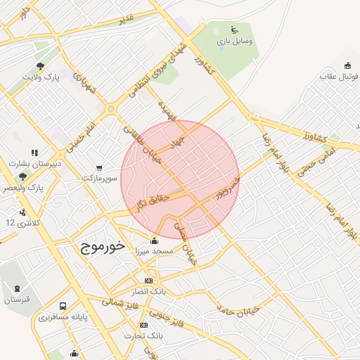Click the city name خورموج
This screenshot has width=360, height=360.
(x=98, y=247)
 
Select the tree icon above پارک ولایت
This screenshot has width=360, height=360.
(x=41, y=67)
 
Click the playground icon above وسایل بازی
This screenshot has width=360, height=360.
(x=234, y=30)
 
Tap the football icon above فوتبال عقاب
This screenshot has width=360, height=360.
(x=347, y=66)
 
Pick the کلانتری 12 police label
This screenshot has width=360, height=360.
(x=20, y=222)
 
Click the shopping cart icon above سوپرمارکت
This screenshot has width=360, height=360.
(x=98, y=168)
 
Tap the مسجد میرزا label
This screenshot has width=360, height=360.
(x=163, y=252)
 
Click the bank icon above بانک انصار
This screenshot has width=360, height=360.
(x=148, y=281)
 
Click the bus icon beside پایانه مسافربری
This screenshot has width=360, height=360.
(x=63, y=307)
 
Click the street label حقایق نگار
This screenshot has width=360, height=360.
(x=153, y=204)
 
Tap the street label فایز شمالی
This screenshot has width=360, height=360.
(x=122, y=300)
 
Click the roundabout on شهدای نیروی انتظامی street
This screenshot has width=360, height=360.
(x=110, y=109)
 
